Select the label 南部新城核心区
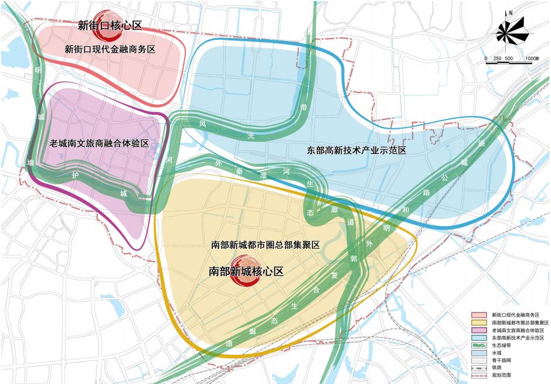[x=246, y=272]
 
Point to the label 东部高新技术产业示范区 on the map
[x=357, y=150]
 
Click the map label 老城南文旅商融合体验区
[x=97, y=143]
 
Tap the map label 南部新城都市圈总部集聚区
[x=265, y=245]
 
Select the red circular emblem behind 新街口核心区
[x=107, y=23]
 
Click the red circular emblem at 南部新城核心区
[x=243, y=272]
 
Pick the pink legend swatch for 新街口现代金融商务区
[x=481, y=314]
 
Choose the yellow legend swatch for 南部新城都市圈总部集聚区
[x=481, y=323]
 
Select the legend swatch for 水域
[x=481, y=353]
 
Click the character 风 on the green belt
[x=202, y=124]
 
